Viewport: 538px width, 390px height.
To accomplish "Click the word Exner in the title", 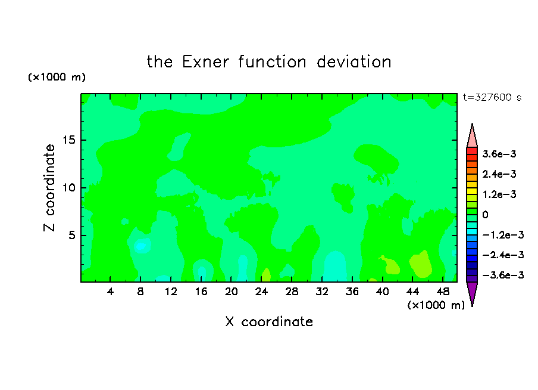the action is pos(205,62).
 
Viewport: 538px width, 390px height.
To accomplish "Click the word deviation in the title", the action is pos(354,62).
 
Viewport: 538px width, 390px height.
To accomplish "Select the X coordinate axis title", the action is pos(269,321).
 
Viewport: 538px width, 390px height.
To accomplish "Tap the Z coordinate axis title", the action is pos(49,187).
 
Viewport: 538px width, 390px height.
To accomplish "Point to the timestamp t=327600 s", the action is pos(492,97).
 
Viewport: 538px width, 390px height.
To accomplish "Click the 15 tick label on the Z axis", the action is pos(69,140).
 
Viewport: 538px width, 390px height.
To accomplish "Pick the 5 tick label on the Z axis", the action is pos(72,235).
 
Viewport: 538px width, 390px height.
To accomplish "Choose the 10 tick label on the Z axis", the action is pos(69,188).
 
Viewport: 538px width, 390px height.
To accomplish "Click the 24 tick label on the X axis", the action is pos(261,292).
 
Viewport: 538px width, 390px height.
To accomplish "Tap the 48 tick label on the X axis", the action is pos(443,292).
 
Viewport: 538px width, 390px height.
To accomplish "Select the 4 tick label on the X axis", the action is pos(110,292).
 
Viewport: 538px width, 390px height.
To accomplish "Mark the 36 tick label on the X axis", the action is pos(352,292).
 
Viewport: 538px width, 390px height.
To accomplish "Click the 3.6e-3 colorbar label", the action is pos(499,154).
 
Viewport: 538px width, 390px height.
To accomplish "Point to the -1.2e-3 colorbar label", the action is pos(503,235).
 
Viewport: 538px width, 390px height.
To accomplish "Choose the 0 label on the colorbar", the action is pos(485,215).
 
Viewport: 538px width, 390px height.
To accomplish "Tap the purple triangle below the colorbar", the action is pos(472,292).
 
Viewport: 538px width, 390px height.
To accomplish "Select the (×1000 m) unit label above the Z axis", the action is pos(57,77).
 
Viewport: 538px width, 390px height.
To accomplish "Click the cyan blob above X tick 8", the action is pos(140,246).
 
